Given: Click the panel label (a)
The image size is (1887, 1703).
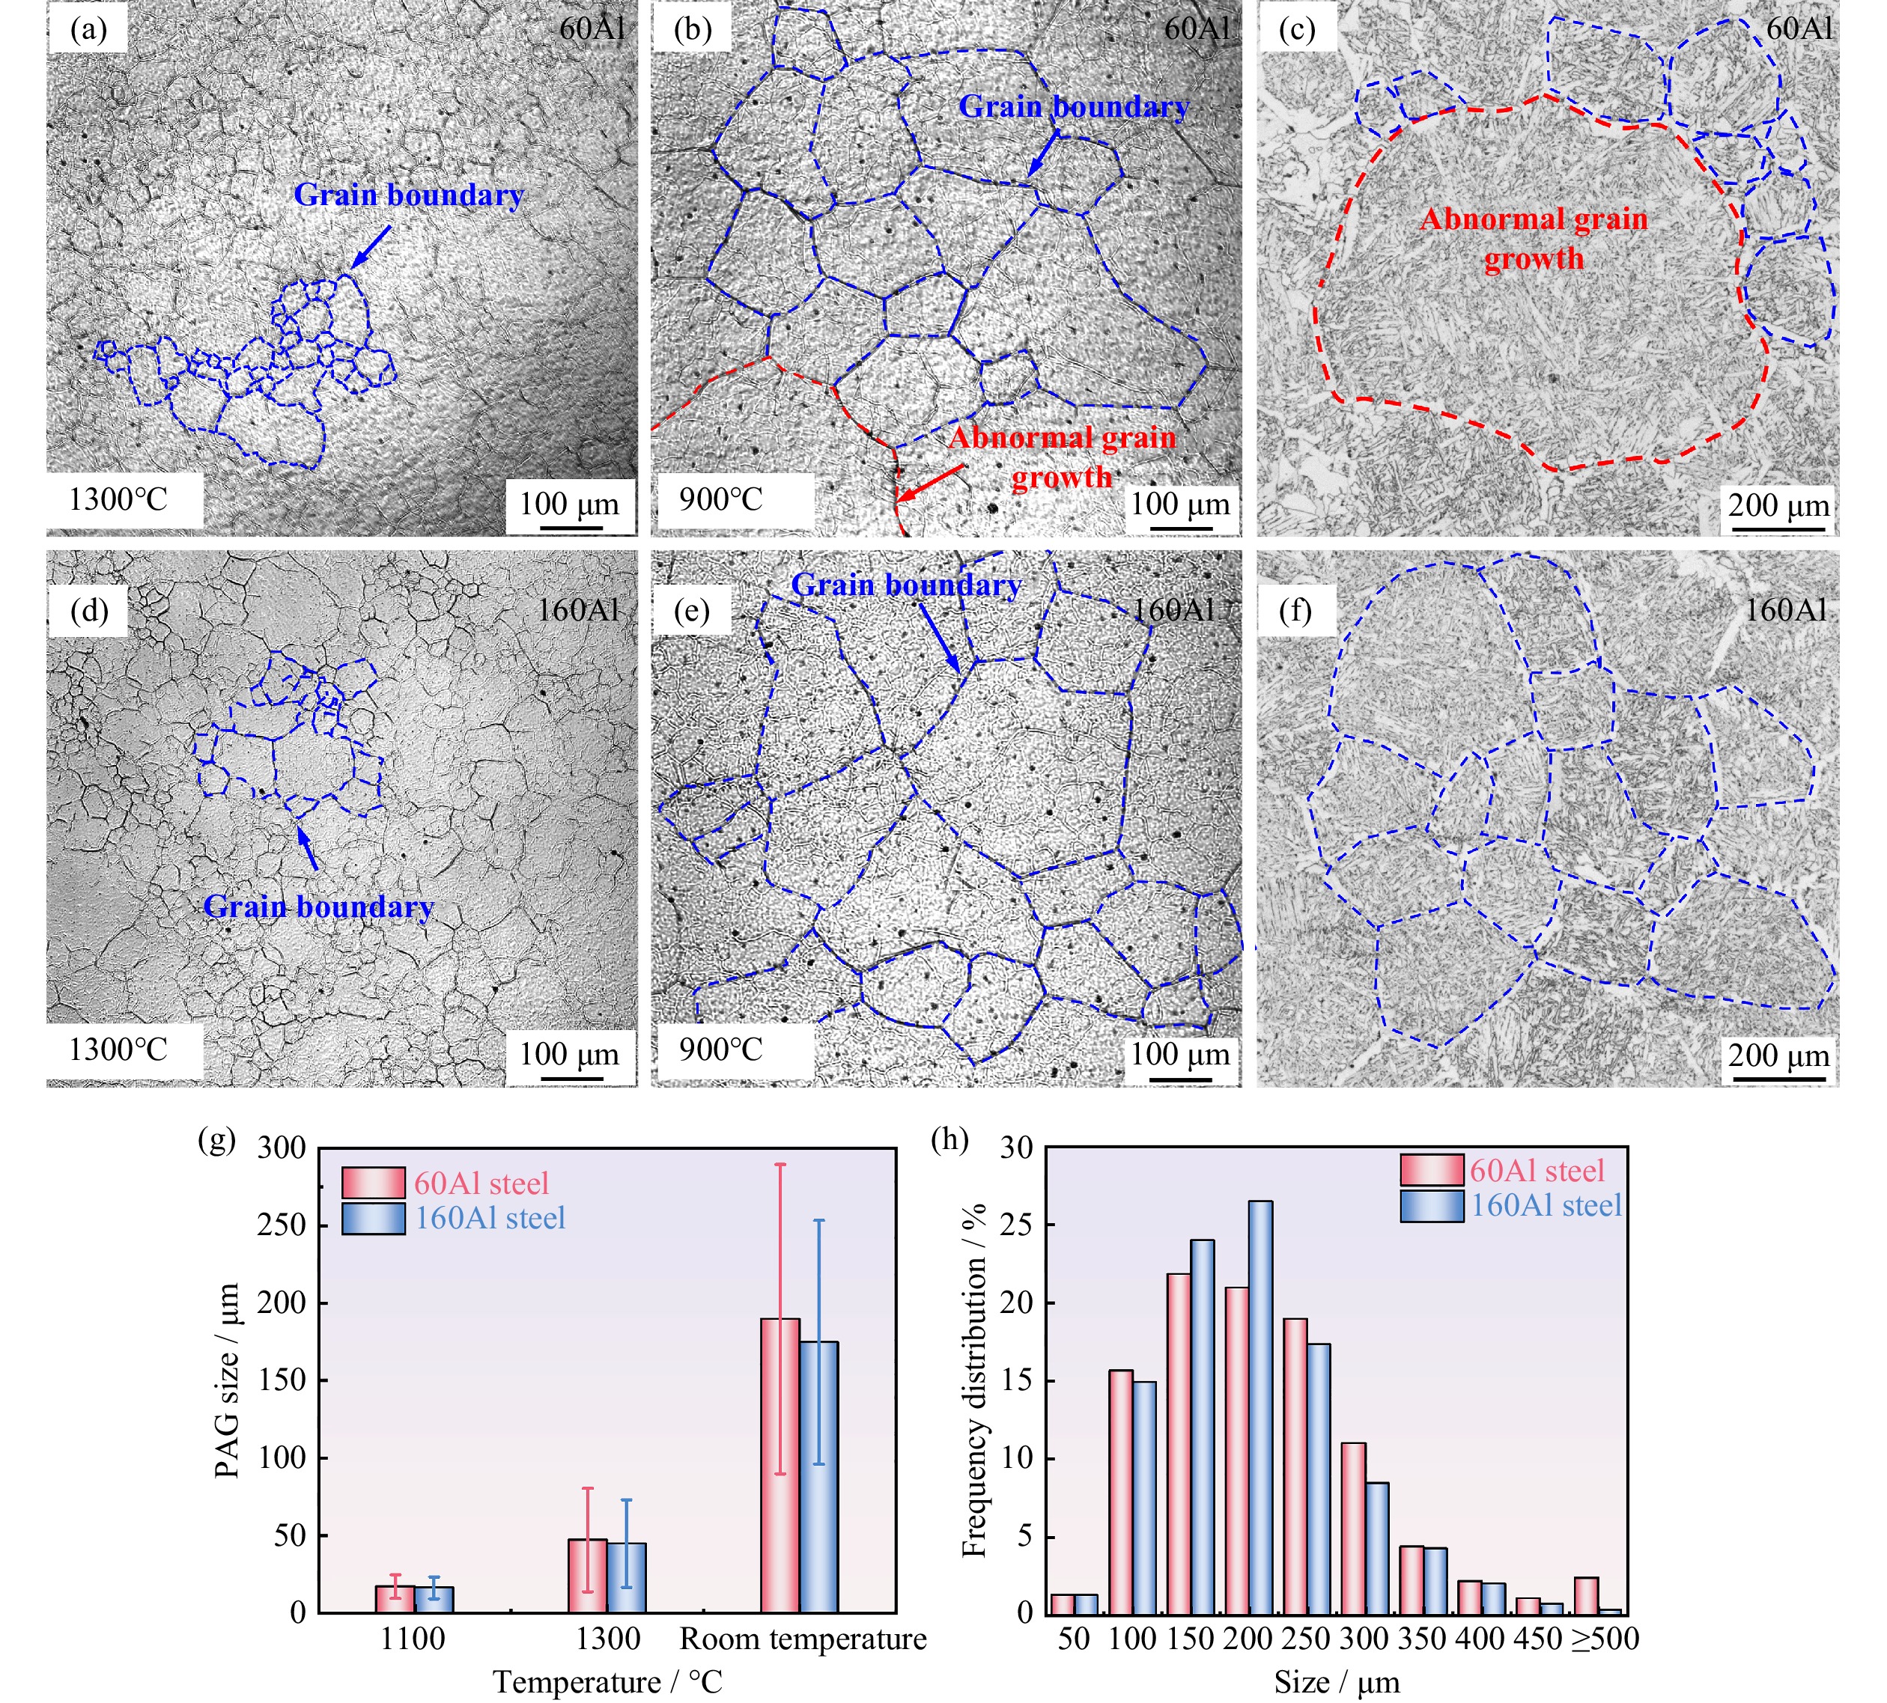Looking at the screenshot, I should pos(88,30).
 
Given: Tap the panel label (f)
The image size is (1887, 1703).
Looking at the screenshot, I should pos(1295,611).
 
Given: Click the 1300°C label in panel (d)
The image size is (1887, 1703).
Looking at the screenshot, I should pos(118,1049).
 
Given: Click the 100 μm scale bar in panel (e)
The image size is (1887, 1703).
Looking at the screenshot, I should pos(1179,1079).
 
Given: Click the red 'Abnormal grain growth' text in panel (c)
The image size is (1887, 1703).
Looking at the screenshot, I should pos(1534,239).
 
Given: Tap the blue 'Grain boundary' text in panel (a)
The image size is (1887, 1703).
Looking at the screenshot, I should pos(409,195).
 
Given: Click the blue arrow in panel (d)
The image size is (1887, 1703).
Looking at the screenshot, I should pos(307,846).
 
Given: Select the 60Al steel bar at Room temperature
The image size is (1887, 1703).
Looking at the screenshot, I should pos(780,1466).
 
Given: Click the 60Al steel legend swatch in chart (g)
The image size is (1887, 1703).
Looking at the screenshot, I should pos(373,1183).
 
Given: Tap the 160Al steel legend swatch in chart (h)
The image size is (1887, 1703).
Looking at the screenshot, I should pos(1432,1206).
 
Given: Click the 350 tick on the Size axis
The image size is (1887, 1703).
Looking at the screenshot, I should pos(1423,1639).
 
